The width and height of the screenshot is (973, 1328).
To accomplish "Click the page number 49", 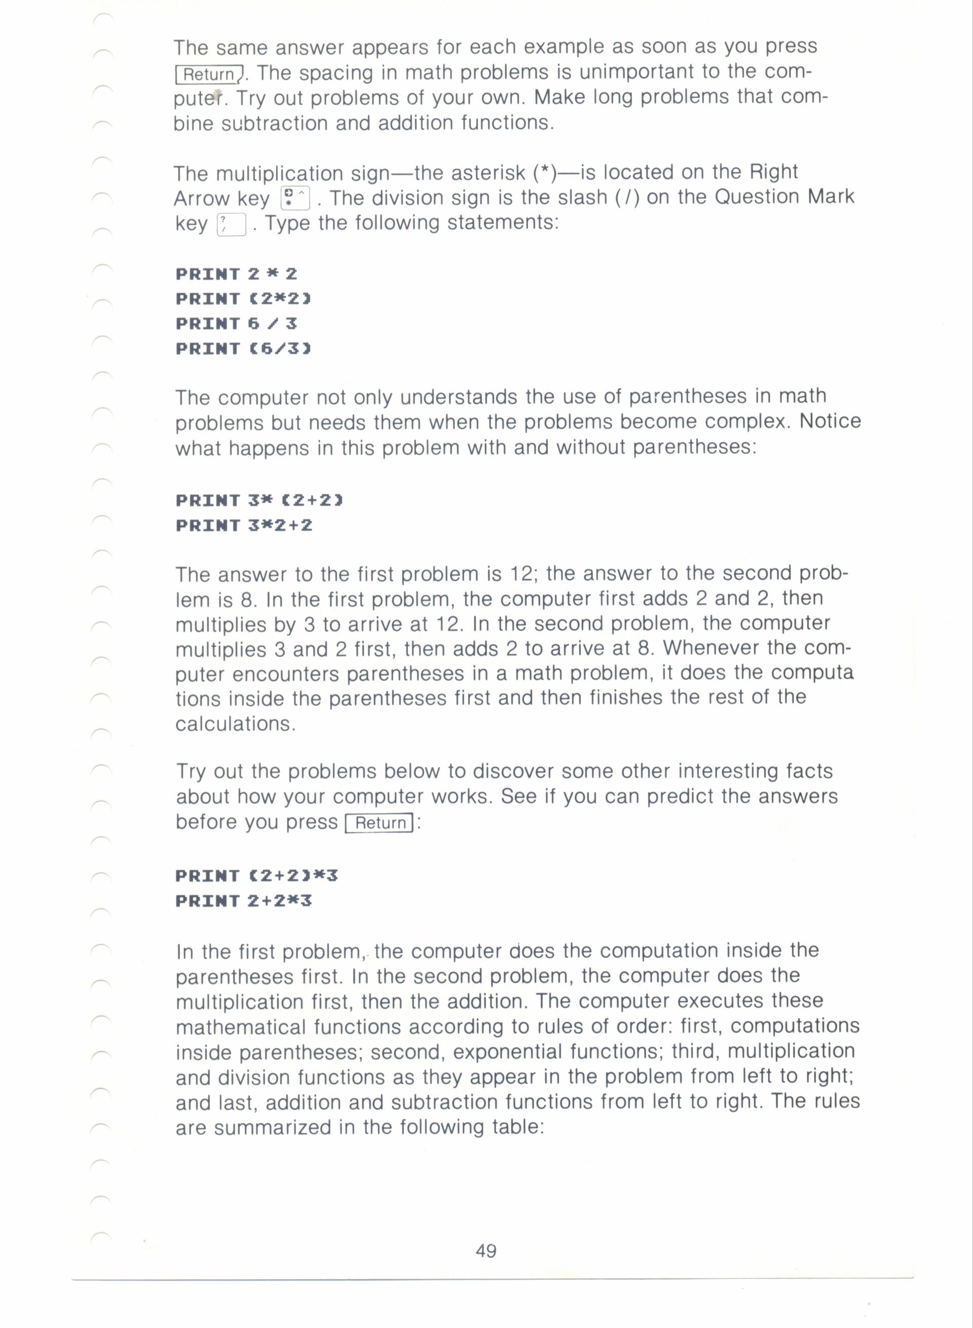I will [486, 1250].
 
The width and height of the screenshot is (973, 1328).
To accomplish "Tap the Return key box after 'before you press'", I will [380, 823].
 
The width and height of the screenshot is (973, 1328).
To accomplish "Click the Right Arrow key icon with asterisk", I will [295, 198].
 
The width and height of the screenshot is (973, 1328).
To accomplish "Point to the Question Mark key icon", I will [231, 224].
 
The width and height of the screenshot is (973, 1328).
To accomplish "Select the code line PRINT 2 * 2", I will [236, 274].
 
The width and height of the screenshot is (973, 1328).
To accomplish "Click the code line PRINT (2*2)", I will [243, 299].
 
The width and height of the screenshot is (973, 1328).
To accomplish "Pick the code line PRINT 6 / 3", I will [236, 323].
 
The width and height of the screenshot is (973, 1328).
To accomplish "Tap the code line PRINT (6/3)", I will [243, 349].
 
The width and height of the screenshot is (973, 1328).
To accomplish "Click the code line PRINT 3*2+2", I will [244, 525].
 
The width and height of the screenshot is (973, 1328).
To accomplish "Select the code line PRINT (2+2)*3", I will [257, 875].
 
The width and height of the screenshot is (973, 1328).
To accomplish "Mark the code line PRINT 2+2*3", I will [243, 901].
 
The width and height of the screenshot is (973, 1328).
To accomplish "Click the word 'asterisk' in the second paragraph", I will [488, 173].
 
